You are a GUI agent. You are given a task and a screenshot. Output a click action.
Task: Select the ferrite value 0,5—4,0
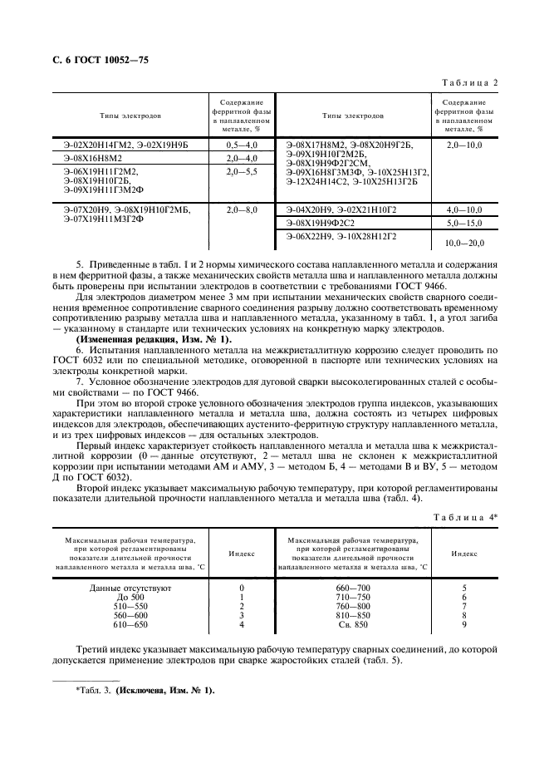click(x=242, y=145)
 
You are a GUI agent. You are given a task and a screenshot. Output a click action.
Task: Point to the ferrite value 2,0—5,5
click(x=242, y=170)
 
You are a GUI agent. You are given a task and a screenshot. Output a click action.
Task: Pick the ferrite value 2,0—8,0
click(x=242, y=210)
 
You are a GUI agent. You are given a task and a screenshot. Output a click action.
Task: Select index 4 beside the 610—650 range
click(x=241, y=624)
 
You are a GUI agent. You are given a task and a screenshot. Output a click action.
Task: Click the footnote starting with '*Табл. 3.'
click(x=145, y=690)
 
